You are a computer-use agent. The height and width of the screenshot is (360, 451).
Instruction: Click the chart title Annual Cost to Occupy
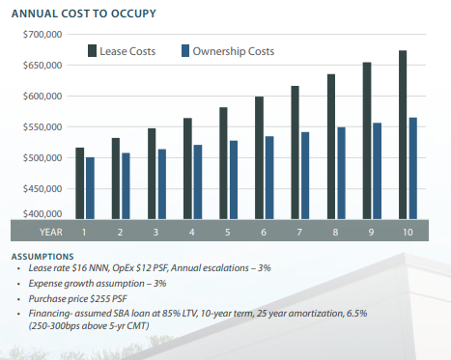[77, 14]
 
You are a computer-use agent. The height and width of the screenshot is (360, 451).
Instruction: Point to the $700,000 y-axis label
[42, 35]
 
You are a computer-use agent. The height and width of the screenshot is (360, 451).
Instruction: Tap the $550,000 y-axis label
[42, 127]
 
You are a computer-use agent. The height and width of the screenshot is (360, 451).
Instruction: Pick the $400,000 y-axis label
[42, 213]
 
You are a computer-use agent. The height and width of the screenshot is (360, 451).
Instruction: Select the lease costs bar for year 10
[401, 135]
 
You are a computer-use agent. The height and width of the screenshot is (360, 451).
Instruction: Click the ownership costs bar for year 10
[412, 169]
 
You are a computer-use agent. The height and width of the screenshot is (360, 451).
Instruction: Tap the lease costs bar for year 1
[79, 183]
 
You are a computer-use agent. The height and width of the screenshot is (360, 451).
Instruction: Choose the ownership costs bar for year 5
[234, 180]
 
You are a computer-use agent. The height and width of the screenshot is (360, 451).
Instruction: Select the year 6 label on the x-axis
[265, 233]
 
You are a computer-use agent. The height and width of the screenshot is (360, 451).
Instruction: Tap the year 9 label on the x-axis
[371, 233]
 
